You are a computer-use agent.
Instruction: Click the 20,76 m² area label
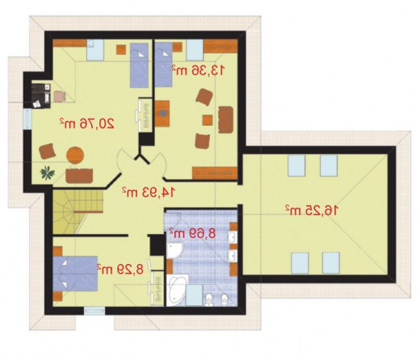[87, 123]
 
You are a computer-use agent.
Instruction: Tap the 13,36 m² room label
[198, 70]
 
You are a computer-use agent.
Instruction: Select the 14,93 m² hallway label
[149, 191]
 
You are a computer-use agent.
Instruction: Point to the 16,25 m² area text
[312, 210]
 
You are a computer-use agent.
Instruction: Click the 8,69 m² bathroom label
[192, 233]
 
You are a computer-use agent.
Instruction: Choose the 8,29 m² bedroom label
[120, 269]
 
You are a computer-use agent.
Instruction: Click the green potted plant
[48, 173]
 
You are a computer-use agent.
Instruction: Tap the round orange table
[75, 155]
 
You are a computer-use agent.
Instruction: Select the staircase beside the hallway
[78, 211]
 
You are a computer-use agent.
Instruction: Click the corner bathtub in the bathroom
[176, 290]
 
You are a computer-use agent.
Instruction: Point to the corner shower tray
[174, 249]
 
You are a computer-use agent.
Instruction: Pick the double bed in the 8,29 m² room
[75, 274]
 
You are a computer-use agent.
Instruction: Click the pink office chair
[60, 96]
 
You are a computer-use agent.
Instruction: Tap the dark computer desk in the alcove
[41, 96]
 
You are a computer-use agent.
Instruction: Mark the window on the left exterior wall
[27, 119]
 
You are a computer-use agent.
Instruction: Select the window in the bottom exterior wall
[94, 311]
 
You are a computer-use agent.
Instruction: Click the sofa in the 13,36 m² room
[225, 119]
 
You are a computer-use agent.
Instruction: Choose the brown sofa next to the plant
[79, 176]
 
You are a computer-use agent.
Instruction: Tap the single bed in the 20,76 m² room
[139, 65]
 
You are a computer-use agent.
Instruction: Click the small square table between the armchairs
[208, 120]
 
